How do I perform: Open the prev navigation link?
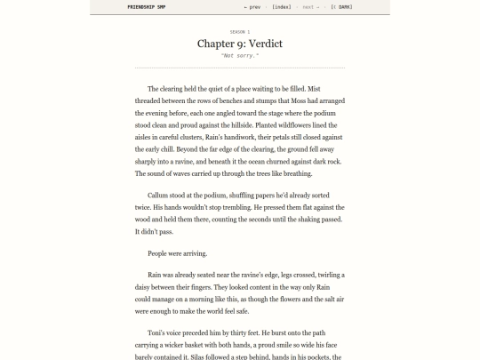coord(252,7)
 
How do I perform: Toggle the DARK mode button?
coord(340,7)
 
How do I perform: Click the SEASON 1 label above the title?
coord(240,31)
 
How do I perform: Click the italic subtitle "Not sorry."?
coord(240,56)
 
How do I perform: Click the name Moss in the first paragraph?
coord(288,101)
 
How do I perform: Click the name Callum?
coord(159,195)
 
